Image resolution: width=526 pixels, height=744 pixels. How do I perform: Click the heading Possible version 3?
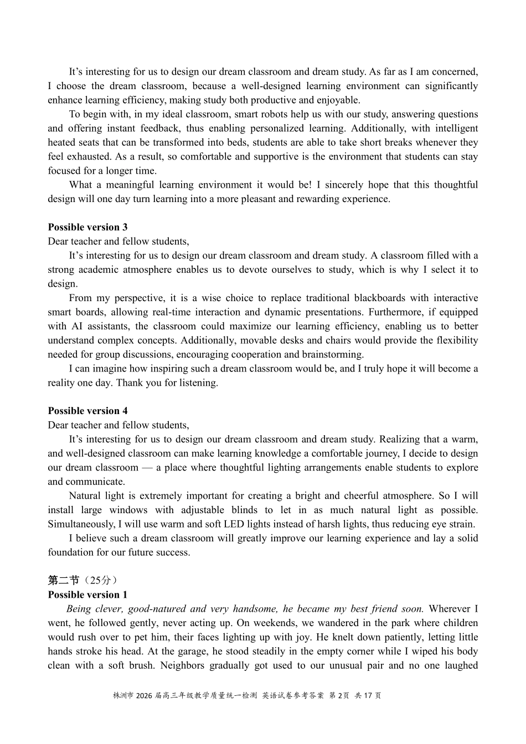pyautogui.click(x=87, y=227)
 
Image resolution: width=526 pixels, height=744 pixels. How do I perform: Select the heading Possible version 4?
pyautogui.click(x=87, y=411)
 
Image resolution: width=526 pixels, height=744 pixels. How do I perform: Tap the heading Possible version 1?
pyautogui.click(x=87, y=595)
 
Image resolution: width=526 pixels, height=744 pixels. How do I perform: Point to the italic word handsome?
pyautogui.click(x=255, y=609)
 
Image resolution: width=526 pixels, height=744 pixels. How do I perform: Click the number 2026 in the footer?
pyautogui.click(x=143, y=695)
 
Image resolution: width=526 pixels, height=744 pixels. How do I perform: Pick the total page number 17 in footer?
pyautogui.click(x=368, y=695)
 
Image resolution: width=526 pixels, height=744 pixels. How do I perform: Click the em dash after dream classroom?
pyautogui.click(x=146, y=468)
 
